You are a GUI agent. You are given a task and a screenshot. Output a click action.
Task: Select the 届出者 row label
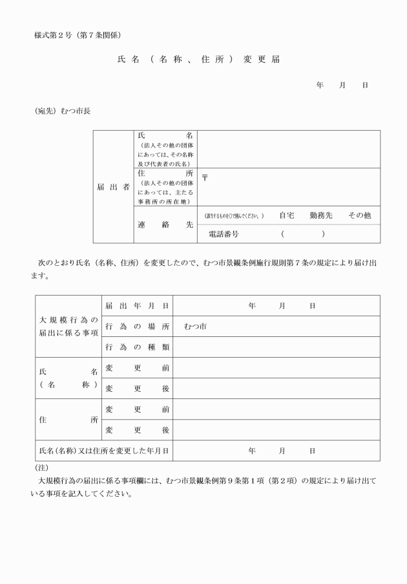pos(113,187)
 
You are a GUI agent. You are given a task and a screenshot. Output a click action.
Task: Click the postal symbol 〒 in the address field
pos(205,176)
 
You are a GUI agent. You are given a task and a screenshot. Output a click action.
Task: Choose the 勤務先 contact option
pos(321,215)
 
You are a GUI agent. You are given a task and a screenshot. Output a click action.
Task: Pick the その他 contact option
pos(359,215)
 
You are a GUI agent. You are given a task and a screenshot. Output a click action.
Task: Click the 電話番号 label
pos(224,234)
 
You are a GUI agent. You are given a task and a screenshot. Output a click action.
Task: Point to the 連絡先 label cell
pos(165,225)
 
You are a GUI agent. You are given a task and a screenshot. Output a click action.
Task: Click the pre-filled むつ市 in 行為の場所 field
pos(194,326)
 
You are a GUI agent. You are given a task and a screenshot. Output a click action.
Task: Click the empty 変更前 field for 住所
pos(276,409)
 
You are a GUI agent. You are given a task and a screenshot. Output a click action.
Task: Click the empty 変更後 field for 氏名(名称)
pos(276,388)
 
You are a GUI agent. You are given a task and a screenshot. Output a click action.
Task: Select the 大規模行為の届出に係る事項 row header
pos(68,326)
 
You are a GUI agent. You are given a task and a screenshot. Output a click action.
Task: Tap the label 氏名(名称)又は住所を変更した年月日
pos(104,450)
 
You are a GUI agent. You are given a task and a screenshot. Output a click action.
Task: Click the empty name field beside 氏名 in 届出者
pos(289,148)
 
